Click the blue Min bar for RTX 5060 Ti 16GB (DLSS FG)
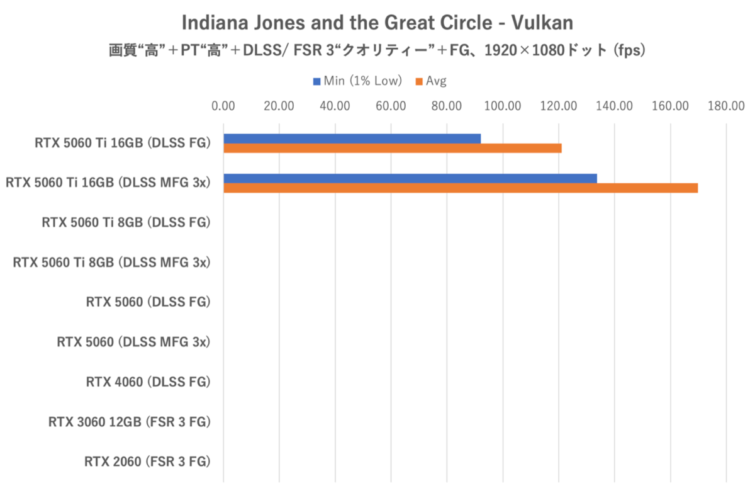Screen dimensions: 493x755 352,139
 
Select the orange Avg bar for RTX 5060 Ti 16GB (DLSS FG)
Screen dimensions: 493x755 392,149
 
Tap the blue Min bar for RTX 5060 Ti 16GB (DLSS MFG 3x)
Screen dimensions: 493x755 410,178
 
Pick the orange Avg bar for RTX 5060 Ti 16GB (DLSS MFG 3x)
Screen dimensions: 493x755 460,188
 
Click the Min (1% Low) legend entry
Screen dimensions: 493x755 357,81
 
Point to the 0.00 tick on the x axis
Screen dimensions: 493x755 223,106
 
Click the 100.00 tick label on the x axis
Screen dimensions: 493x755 503,106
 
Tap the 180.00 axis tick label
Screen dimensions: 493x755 726,106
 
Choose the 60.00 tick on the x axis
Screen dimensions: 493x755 391,106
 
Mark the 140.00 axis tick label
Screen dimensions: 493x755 615,106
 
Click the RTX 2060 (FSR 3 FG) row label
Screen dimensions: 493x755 147,462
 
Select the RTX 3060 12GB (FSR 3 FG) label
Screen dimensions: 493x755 129,422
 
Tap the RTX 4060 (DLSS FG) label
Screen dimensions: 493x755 148,382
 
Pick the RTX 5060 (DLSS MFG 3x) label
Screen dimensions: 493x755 133,343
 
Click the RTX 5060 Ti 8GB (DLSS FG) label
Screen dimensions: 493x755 126,222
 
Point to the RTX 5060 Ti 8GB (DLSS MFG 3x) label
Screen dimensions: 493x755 111,263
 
